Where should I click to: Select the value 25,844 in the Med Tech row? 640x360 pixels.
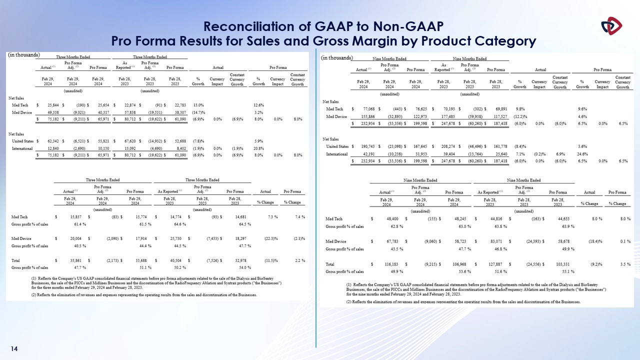click(50, 105)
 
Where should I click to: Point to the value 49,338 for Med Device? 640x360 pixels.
click(50, 112)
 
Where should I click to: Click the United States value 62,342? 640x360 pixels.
click(50, 141)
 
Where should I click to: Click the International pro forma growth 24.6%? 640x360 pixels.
click(582, 153)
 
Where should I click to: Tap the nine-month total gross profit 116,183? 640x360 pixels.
click(387, 263)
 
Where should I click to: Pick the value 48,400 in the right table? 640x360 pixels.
click(388, 218)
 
